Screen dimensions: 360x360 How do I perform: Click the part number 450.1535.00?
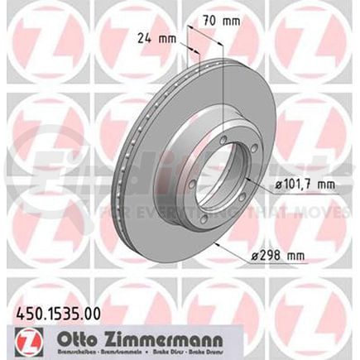(x=53, y=316)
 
